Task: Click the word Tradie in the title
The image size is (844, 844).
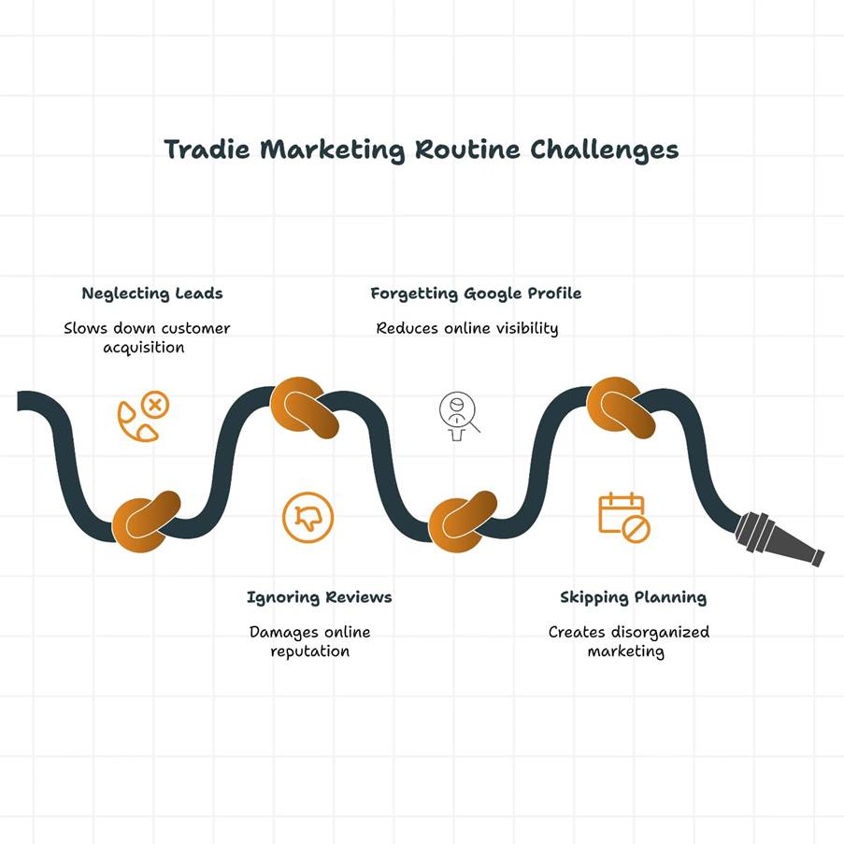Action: pos(207,150)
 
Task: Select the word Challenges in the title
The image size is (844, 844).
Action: pos(605,150)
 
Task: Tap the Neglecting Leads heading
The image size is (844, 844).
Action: pos(152,293)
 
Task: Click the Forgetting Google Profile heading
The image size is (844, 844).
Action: pos(476,293)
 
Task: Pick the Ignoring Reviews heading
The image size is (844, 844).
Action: pos(320,597)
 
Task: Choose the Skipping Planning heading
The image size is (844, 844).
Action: pos(633,597)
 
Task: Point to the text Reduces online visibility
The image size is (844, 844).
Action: pos(467,328)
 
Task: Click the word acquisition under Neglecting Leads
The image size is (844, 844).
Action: pos(144,348)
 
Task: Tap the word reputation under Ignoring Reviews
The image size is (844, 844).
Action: pos(310,651)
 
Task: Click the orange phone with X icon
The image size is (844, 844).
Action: pos(143,416)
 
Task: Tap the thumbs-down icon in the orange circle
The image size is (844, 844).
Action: pos(308,517)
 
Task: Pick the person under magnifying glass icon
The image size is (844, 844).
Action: pos(459,416)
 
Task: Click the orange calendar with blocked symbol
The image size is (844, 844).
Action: pos(624,517)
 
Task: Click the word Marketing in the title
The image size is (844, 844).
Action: pos(333,150)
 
